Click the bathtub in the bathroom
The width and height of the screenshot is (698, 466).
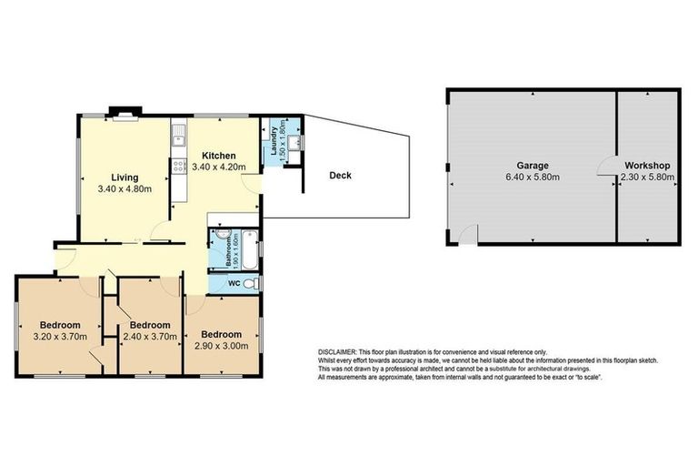pos(253,246)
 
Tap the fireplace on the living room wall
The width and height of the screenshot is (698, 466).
pos(121,114)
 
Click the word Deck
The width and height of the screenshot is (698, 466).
pos(340,176)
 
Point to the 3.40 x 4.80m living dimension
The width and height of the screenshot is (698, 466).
pos(124,189)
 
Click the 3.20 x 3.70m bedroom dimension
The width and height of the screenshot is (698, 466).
pos(60,337)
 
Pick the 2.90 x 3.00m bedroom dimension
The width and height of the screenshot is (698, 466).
pos(222,345)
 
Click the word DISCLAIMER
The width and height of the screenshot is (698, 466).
pos(340,351)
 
